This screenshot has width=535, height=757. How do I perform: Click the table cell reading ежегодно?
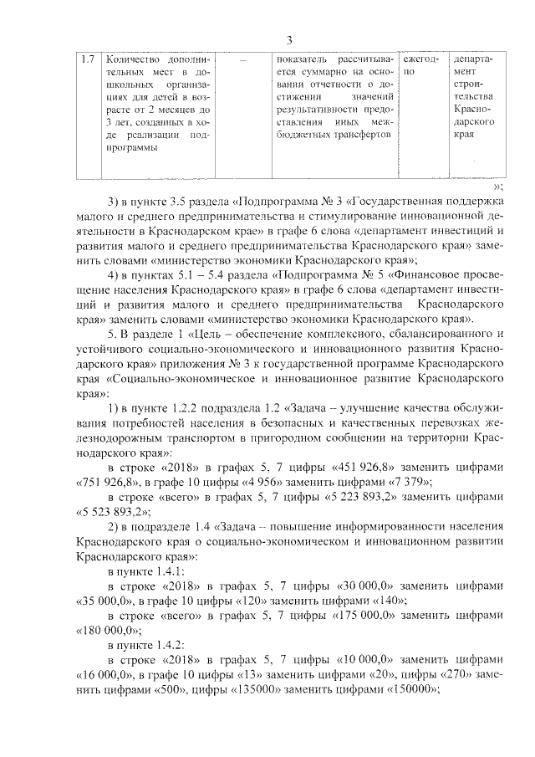pos(420,67)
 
